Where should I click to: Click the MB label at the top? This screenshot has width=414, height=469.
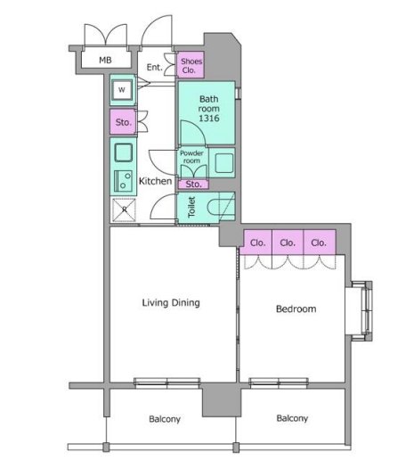point(105,60)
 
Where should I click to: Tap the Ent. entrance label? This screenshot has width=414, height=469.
point(154,67)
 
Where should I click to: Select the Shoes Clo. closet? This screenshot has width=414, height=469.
point(191,64)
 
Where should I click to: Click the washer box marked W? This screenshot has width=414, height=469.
point(122,89)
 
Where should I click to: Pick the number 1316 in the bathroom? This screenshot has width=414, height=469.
point(209,119)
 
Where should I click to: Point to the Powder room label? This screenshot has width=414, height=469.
point(191,157)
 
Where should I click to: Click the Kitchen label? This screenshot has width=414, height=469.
point(155,181)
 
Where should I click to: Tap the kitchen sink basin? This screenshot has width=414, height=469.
point(124,152)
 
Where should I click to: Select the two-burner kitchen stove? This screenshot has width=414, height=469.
point(123,181)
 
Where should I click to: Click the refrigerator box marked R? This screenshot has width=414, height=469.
point(124,210)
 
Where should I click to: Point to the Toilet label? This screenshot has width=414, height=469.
point(191,207)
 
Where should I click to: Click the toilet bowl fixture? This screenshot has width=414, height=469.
point(216,207)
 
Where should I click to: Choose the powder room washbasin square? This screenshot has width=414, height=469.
point(224,163)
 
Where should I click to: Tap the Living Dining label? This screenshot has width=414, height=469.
point(171,302)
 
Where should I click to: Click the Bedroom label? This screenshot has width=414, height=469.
point(296,309)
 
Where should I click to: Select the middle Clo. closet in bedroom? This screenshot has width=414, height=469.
point(288,243)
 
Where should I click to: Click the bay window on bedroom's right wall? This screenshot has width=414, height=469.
point(361,310)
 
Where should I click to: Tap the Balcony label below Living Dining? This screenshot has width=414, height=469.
point(165,419)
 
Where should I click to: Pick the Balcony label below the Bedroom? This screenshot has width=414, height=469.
point(292,418)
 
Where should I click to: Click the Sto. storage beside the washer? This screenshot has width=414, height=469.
point(123,122)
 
